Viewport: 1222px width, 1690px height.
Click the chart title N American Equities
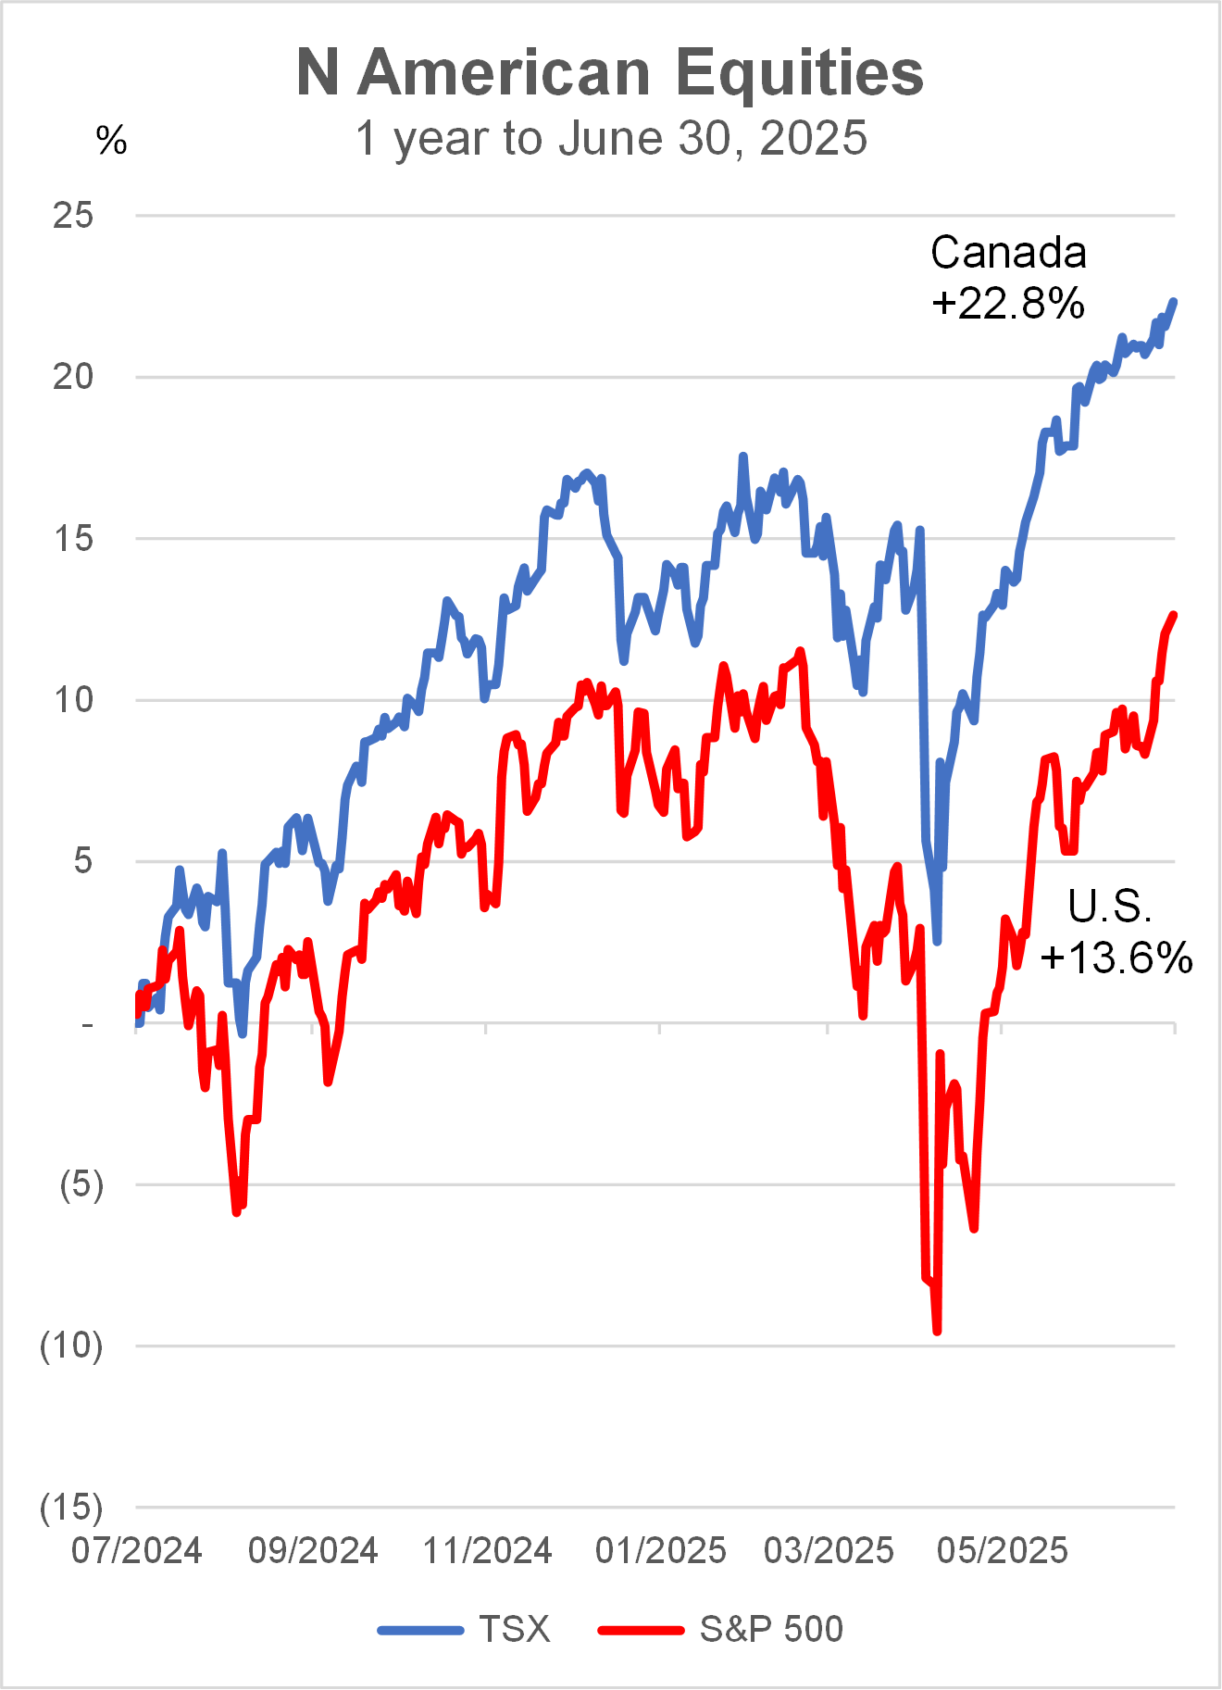click(x=610, y=72)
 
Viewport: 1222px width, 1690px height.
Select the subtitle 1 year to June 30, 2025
click(x=611, y=139)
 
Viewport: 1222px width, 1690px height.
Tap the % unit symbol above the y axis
click(x=111, y=141)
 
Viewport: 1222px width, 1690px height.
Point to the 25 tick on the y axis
click(x=73, y=216)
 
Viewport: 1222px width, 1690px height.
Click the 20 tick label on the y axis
click(x=73, y=377)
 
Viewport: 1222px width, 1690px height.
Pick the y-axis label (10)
click(x=71, y=1346)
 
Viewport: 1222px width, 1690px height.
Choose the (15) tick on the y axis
click(x=71, y=1508)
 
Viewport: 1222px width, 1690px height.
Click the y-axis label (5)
click(x=81, y=1184)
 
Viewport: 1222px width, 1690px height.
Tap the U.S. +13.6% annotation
click(x=1116, y=932)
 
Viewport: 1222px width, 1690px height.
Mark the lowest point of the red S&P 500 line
click(x=937, y=1331)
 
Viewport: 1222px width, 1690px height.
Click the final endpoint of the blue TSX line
click(x=1174, y=301)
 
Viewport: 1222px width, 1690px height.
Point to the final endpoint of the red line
click(x=1174, y=615)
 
